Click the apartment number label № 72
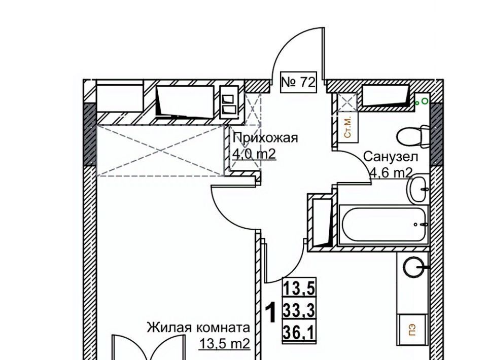click(298, 83)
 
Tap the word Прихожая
click(265, 137)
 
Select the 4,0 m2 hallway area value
click(254, 154)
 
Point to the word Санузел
click(391, 157)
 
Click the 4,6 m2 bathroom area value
click(391, 173)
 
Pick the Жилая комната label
click(198, 328)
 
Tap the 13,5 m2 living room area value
click(225, 344)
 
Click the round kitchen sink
click(414, 267)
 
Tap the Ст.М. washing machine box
click(347, 128)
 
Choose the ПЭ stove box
click(412, 329)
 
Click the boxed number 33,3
click(299, 310)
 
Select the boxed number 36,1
click(299, 333)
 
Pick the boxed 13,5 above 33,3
click(299, 288)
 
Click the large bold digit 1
click(271, 313)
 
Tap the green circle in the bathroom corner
click(425, 101)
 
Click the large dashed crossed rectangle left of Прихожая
click(161, 151)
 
